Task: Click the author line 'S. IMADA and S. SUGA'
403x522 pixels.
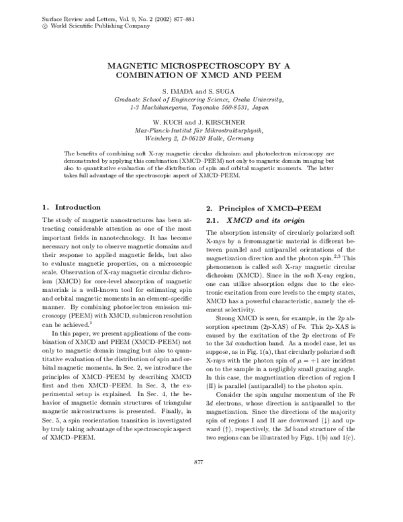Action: pos(201,90)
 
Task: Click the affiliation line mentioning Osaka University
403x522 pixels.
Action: pos(201,98)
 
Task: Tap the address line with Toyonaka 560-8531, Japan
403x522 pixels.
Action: pos(201,106)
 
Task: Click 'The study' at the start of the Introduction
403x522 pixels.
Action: pos(56,220)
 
